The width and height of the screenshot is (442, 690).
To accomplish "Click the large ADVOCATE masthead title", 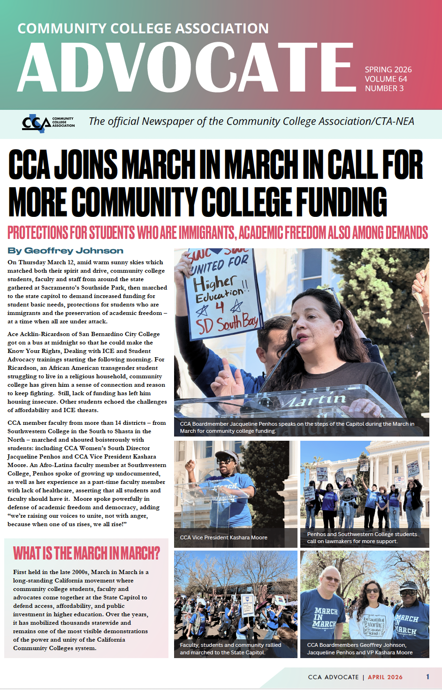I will [x=185, y=67].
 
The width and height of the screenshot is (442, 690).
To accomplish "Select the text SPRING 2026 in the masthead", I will [x=388, y=69].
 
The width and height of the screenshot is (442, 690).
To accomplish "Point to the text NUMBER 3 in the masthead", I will [x=384, y=88].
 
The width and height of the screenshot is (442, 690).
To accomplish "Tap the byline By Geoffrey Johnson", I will [x=65, y=251].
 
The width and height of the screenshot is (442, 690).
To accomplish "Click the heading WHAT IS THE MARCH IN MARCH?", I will [x=86, y=553].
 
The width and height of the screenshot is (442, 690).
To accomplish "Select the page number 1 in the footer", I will [x=427, y=677].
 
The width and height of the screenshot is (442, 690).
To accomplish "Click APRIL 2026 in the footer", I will [x=385, y=677].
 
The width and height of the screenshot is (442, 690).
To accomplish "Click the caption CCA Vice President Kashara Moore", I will [x=223, y=537].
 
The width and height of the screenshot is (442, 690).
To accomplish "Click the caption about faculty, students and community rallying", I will [x=230, y=649].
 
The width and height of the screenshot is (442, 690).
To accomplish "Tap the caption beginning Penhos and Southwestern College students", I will [x=362, y=537].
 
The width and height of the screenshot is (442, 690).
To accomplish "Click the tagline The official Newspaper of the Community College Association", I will [x=251, y=122].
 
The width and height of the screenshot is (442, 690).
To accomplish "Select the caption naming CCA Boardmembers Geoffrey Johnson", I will [x=359, y=649].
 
